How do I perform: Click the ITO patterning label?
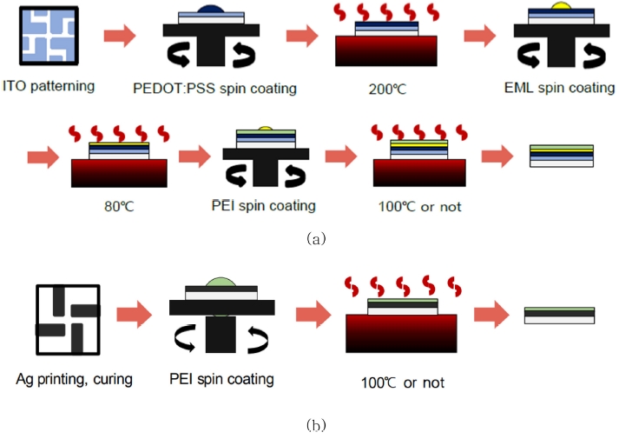(49, 88)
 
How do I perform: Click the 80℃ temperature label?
(118, 208)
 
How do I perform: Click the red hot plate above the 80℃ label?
(119, 175)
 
